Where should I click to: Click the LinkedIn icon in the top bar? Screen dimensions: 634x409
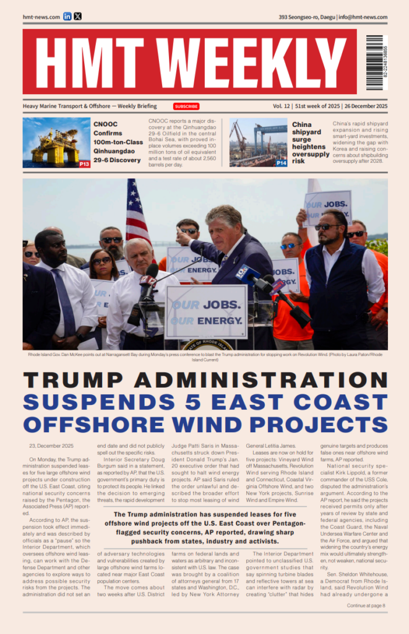67,17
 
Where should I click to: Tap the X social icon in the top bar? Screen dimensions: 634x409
77,17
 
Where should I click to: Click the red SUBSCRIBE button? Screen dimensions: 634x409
186,106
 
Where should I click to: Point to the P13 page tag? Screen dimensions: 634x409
84,164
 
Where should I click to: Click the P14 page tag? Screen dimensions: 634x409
282,163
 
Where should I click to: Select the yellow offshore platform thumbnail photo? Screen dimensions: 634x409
56,143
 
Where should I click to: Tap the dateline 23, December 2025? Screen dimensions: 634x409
51,446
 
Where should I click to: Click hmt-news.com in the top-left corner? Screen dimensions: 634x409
41,17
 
